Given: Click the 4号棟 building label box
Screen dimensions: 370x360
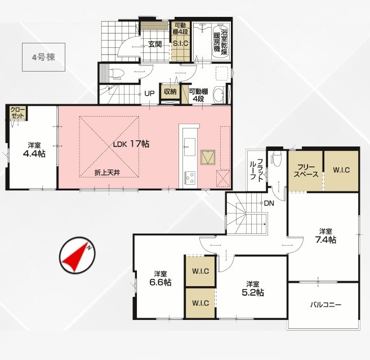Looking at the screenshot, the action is (x=44, y=57).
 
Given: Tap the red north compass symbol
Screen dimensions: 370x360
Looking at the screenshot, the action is (x=77, y=255).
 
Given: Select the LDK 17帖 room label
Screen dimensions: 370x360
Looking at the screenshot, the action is (x=131, y=144).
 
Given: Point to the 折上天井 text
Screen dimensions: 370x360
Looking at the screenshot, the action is (x=108, y=172).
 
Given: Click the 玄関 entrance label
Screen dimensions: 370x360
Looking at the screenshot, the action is (x=155, y=44).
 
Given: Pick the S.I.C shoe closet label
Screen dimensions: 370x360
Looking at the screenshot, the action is (x=181, y=43).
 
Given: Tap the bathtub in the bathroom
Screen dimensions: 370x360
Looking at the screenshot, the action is (x=221, y=41).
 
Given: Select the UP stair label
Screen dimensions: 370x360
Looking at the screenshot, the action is (x=149, y=94).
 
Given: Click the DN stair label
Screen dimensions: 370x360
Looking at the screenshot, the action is (x=269, y=203).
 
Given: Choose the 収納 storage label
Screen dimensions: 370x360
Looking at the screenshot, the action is (x=170, y=92).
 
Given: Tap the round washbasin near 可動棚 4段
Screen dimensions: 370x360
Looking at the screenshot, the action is (x=219, y=95).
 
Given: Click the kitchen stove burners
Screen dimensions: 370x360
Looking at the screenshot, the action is (x=190, y=177).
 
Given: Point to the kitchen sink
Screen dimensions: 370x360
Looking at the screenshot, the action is (x=190, y=147).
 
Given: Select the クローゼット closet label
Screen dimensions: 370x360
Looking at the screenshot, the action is (x=17, y=113).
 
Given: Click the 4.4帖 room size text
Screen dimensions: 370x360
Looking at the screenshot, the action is (x=34, y=154).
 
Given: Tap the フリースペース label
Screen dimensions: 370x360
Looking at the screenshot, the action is (x=306, y=171).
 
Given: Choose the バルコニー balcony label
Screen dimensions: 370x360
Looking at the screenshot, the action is (x=326, y=305).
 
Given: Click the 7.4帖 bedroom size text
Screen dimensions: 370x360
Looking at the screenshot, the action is (x=326, y=240).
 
